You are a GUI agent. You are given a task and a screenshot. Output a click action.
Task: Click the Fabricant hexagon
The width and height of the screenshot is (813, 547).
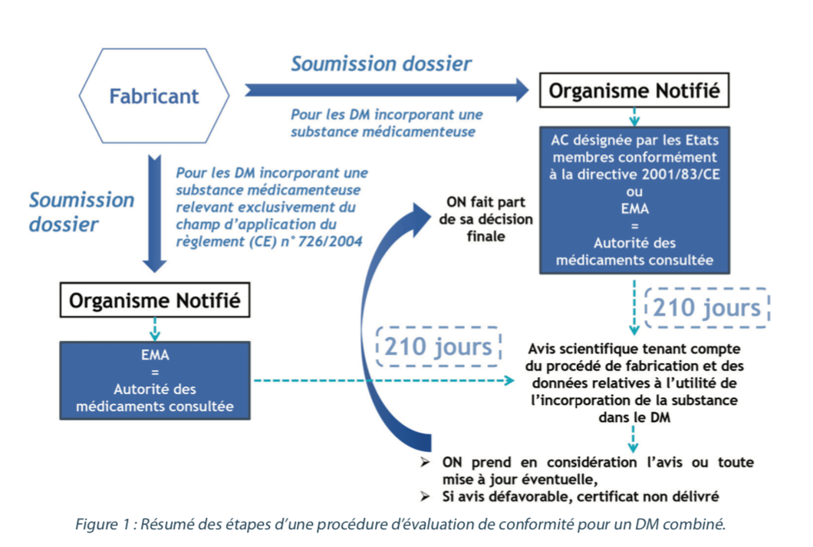(x=153, y=97)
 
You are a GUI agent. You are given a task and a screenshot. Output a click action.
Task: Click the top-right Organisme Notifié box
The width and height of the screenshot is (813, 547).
(x=634, y=91)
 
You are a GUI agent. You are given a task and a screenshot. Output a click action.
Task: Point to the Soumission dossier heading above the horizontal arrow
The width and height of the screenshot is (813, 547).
(x=380, y=63)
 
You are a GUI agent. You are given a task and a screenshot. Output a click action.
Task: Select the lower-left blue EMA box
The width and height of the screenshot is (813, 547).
(x=156, y=380)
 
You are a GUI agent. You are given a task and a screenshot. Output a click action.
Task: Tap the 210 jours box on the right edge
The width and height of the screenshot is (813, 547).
(x=706, y=308)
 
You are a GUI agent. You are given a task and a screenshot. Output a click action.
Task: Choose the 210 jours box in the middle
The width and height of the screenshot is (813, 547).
(x=438, y=347)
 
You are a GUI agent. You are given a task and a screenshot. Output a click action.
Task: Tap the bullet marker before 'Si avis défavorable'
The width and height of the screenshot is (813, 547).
(x=426, y=496)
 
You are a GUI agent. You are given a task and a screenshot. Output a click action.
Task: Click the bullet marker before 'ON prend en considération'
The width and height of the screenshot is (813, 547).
(x=426, y=463)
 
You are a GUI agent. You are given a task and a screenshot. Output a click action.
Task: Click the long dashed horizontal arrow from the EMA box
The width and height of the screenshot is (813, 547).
(x=383, y=380)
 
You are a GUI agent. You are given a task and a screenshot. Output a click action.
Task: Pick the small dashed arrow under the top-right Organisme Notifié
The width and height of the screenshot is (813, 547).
(x=634, y=117)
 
